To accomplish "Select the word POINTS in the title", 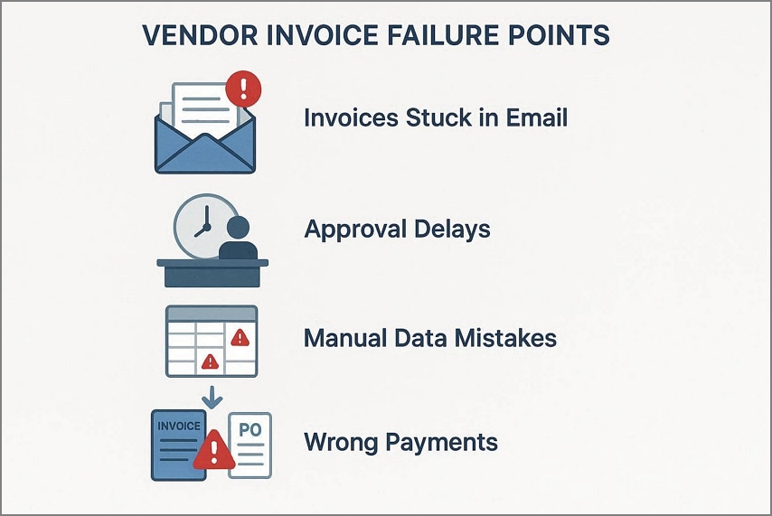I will pos(561,37).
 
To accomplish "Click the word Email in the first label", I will pos(532,117).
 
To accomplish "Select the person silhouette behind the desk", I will pos(240,239).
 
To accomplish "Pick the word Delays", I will pos(456,229).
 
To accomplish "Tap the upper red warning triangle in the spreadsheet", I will pos(240,338).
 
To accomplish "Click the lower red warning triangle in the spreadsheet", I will pos(210,361).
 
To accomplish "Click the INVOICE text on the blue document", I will pos(177,426).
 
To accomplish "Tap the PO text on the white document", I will pos(249,430).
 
